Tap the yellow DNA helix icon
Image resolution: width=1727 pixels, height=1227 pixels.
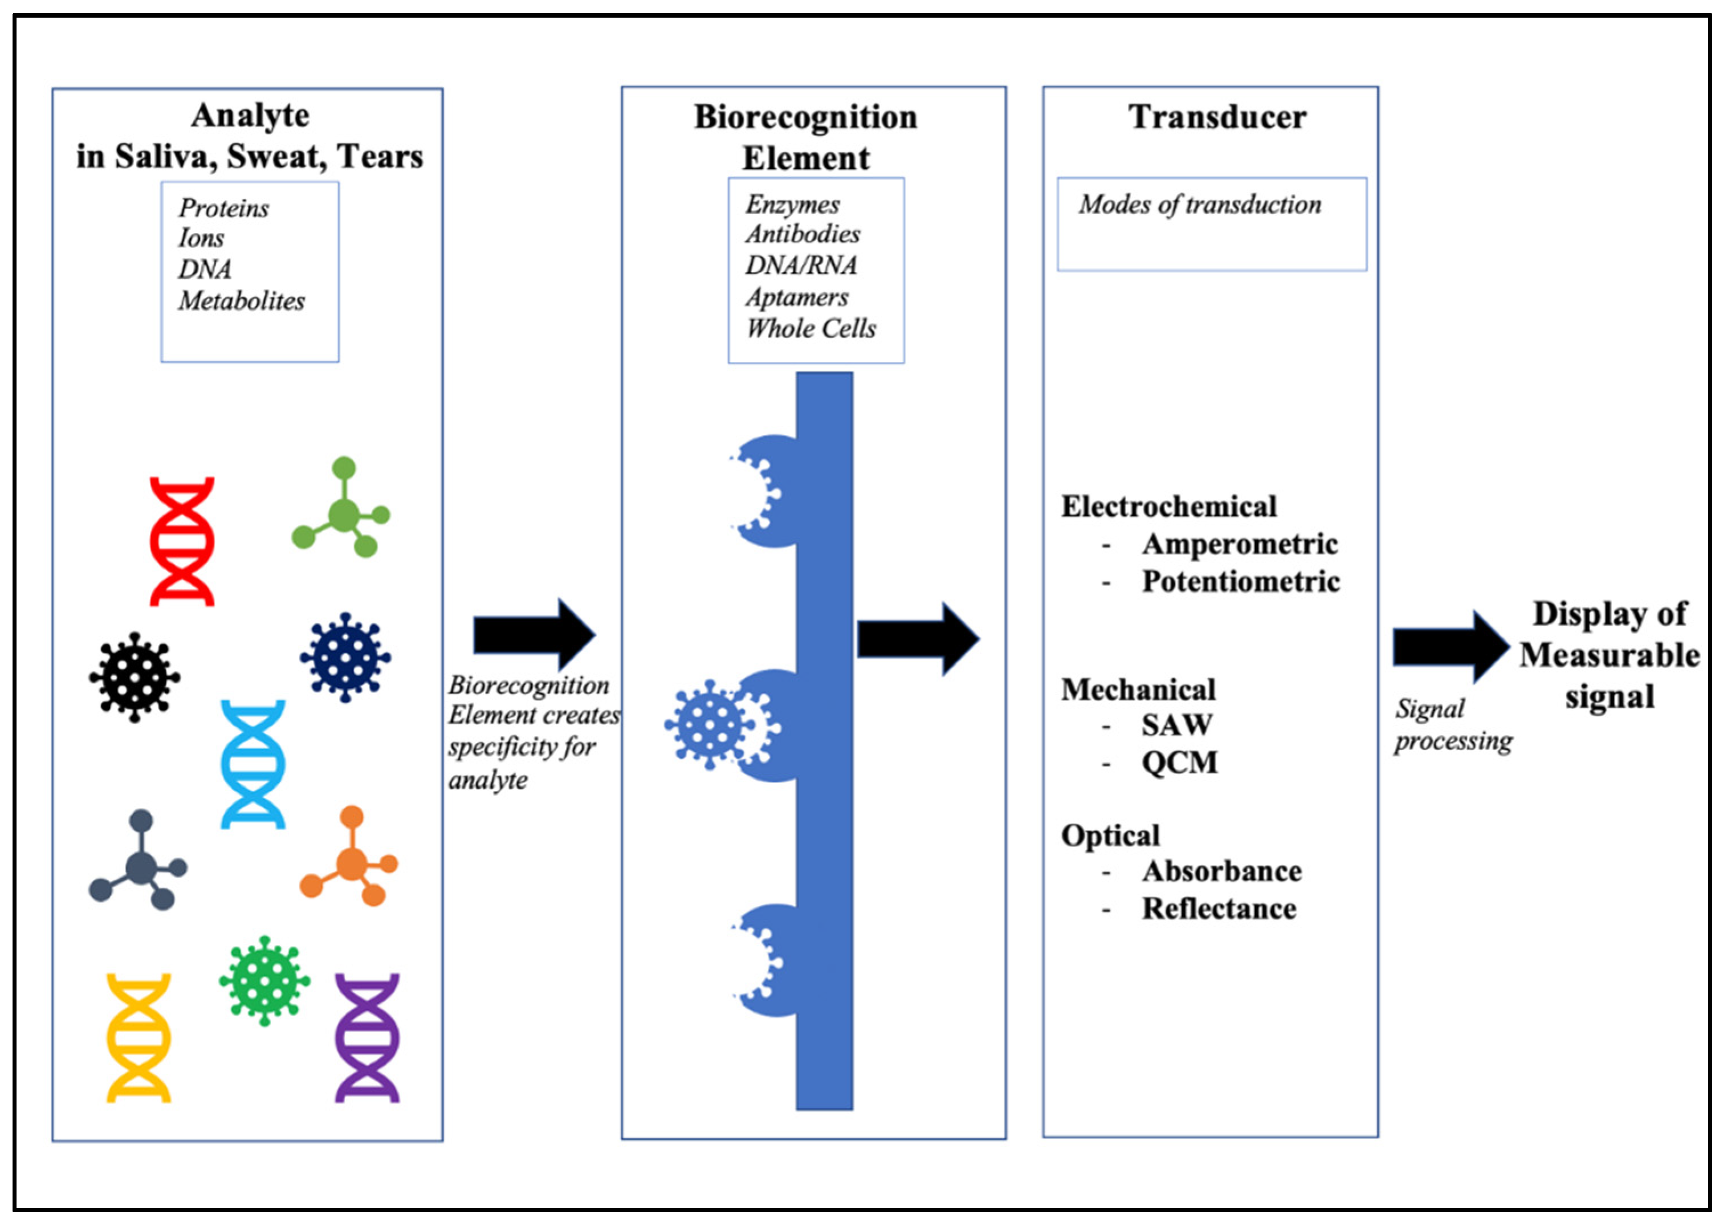139,1038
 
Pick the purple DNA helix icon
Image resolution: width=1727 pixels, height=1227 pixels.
367,1038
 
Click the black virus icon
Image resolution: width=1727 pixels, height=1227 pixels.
135,677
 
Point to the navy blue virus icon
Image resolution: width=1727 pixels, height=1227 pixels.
345,657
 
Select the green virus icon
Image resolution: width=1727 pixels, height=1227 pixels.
264,981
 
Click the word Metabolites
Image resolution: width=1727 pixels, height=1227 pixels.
242,301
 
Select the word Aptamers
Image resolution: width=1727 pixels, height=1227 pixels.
797,297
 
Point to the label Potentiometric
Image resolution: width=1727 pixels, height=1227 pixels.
1240,582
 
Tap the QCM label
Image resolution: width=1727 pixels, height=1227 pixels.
1179,763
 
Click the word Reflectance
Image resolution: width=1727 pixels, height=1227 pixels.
1219,908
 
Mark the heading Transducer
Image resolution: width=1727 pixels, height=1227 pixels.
1217,117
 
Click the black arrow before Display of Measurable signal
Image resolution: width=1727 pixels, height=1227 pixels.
1451,647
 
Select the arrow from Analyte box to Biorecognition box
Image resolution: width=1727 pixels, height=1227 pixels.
535,635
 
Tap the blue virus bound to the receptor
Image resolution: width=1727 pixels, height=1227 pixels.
708,724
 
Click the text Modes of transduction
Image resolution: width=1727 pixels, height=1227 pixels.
1200,205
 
